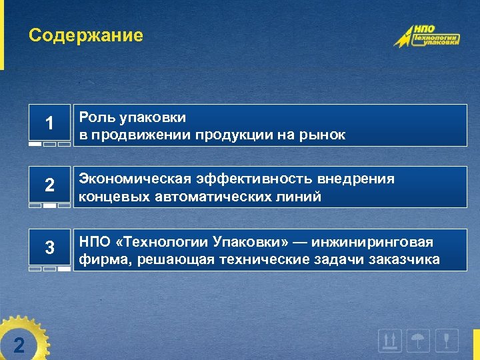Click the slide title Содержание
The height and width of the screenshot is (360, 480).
point(85,35)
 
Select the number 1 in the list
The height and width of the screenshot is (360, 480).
point(49,123)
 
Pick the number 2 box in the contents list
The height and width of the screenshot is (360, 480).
point(49,186)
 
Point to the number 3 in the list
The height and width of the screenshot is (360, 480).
point(49,248)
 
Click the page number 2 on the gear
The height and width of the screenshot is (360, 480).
point(19,344)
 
